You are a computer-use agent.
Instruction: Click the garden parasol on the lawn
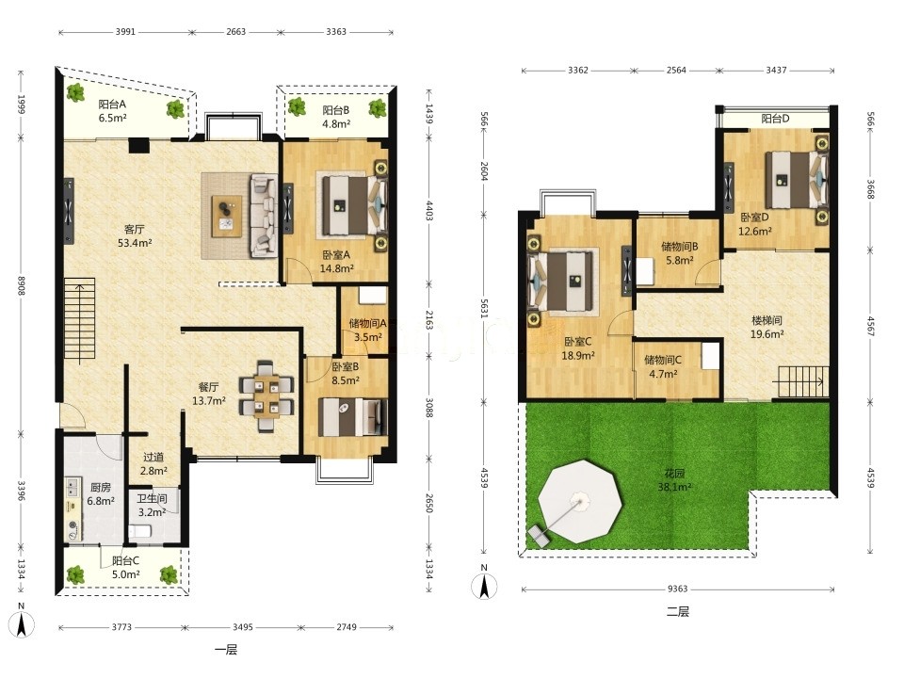pos(581,502)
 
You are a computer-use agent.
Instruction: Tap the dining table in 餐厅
pos(266,396)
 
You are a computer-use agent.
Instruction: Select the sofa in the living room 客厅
pos(263,217)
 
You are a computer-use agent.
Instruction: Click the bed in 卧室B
pos(352,417)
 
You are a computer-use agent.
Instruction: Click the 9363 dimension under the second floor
pos(677,589)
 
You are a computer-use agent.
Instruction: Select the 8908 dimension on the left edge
pos(22,285)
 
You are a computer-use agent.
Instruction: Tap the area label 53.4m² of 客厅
pos(135,243)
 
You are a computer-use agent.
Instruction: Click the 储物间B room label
pos(680,247)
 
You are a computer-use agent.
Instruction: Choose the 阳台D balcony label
pos(775,119)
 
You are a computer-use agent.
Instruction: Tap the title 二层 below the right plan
pos(678,612)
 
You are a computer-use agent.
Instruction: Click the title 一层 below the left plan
pos(226,651)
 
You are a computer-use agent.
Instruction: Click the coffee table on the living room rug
pos(227,217)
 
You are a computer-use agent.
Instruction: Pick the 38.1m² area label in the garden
pos(674,487)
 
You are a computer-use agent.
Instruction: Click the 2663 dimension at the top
pos(235,32)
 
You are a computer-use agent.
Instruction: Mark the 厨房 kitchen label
pos(101,488)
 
